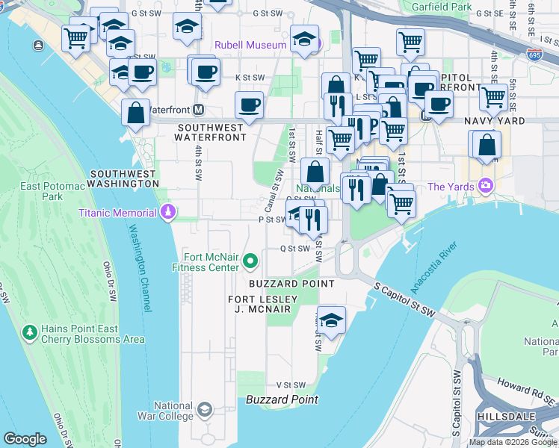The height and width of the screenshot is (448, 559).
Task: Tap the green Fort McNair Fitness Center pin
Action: [x=250, y=261]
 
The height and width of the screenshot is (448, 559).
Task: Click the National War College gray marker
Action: [x=205, y=410]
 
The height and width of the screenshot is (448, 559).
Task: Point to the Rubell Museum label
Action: [x=250, y=45]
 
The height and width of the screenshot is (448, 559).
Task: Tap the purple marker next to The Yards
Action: [x=487, y=185]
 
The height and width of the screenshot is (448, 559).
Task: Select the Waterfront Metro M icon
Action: [x=199, y=110]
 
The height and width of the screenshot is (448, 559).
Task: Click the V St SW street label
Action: [x=291, y=385]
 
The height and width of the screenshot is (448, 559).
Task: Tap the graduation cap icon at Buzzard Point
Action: [x=331, y=320]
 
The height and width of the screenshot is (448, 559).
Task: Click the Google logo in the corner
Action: [x=25, y=438]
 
